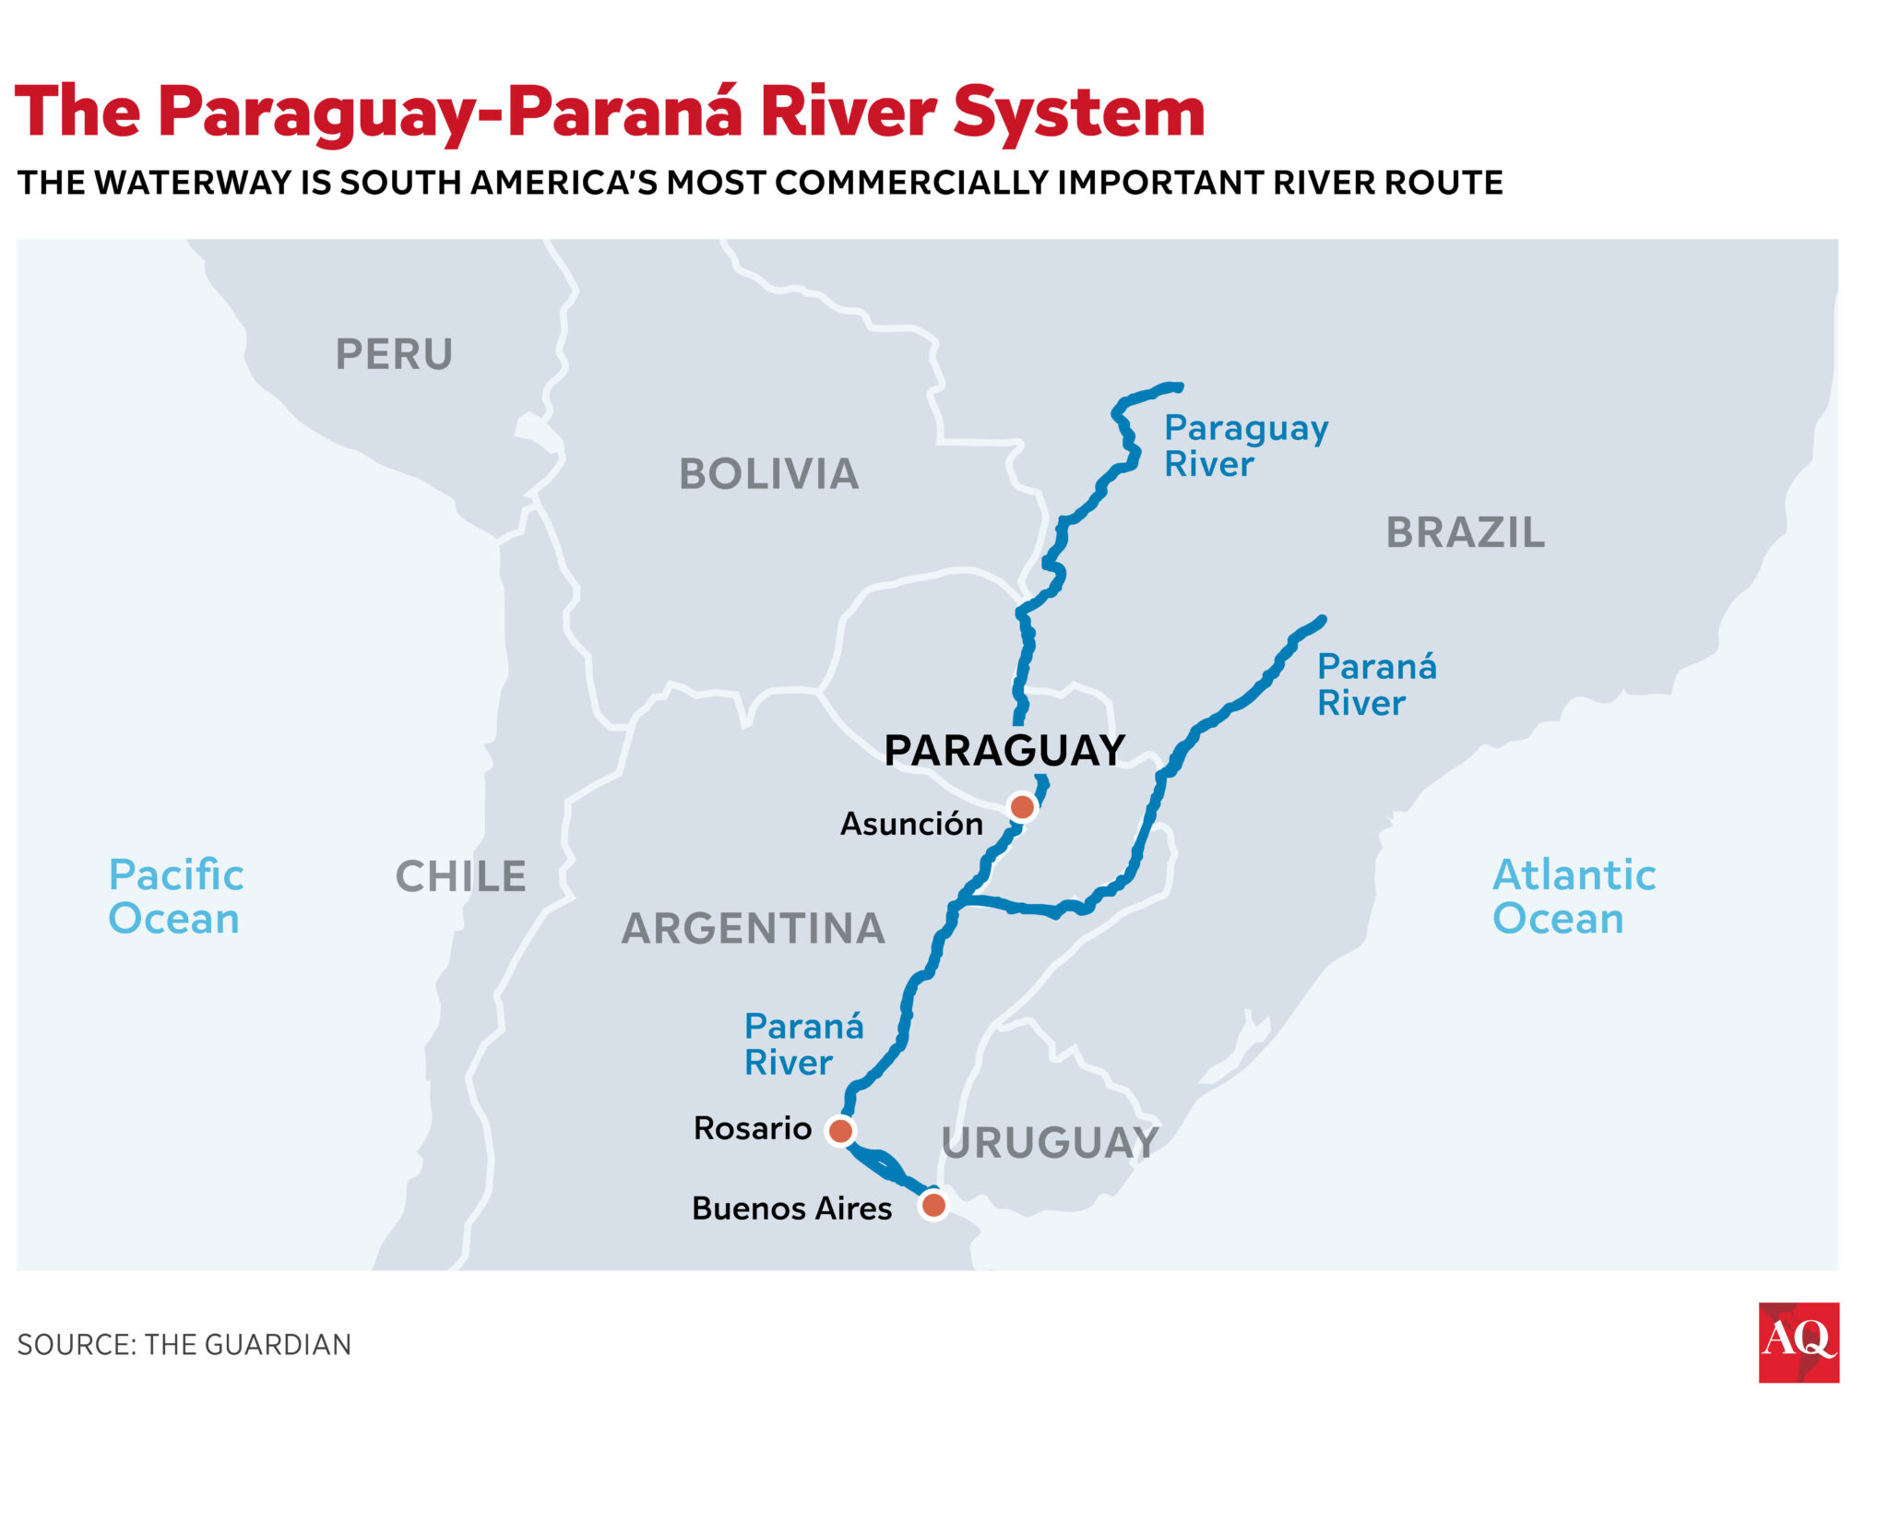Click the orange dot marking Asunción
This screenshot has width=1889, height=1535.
(1021, 807)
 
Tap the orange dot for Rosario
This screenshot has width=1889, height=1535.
(840, 1130)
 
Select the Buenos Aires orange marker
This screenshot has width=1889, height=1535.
(933, 1205)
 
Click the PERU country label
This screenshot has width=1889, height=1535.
(394, 354)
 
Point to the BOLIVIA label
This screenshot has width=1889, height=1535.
(768, 474)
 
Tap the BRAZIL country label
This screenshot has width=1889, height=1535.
(1465, 532)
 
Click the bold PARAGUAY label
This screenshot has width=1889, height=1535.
(1004, 750)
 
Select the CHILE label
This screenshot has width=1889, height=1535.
(460, 876)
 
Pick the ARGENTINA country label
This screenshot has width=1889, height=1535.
(754, 928)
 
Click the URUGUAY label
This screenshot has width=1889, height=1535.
(1050, 1143)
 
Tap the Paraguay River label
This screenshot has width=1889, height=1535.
(1244, 446)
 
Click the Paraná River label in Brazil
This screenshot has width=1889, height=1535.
(1376, 684)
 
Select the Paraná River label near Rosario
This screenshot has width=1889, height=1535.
(802, 1044)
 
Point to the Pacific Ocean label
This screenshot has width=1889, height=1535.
(175, 897)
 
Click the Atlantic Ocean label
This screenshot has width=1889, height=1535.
(1574, 897)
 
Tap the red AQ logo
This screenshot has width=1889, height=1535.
(1798, 1342)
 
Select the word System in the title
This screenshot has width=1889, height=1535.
(1078, 113)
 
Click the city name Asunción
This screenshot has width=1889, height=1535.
(911, 824)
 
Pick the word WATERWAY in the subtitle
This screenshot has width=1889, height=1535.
(193, 183)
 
